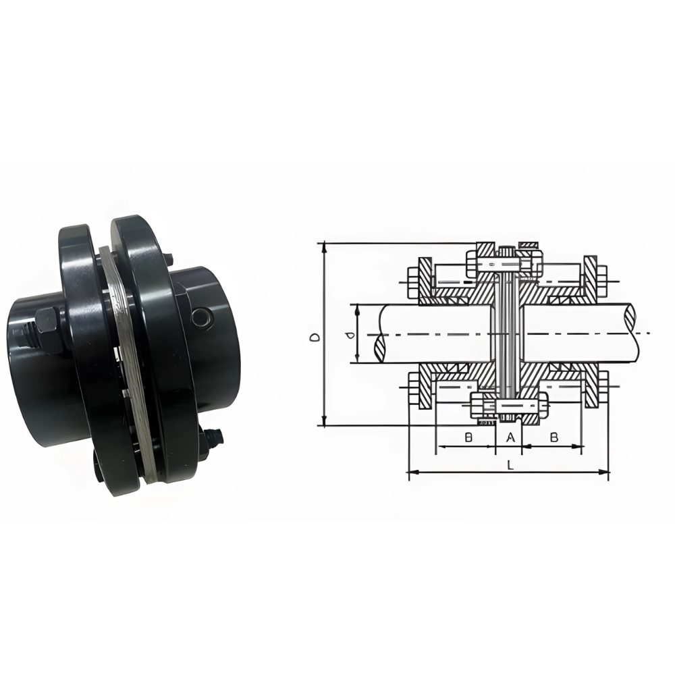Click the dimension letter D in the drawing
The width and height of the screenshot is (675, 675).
pyautogui.click(x=314, y=335)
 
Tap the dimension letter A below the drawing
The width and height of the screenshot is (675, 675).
pyautogui.click(x=511, y=437)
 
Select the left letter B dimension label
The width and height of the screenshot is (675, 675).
pyautogui.click(x=468, y=437)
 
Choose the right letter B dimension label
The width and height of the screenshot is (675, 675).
pyautogui.click(x=553, y=437)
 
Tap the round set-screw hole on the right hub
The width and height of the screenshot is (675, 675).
pyautogui.click(x=200, y=317)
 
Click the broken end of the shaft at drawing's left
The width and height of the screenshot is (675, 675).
pyautogui.click(x=379, y=335)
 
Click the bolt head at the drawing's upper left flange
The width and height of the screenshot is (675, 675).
pyautogui.click(x=412, y=276)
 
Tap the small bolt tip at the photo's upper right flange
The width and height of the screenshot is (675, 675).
pyautogui.click(x=168, y=259)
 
